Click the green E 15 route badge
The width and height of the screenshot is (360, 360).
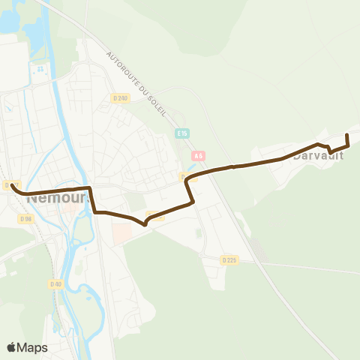(182, 133)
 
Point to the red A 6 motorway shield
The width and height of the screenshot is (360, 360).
(197, 156)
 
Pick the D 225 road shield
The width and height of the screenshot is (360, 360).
(229, 259)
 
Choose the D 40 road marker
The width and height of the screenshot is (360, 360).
(55, 283)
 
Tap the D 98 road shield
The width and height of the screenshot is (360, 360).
(26, 218)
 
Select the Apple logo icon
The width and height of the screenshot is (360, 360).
(12, 347)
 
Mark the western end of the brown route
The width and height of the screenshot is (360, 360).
(13, 184)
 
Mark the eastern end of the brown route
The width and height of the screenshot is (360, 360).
(347, 135)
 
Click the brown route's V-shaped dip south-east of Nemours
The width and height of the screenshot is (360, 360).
(145, 223)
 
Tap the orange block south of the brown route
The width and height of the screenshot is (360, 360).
(121, 234)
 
